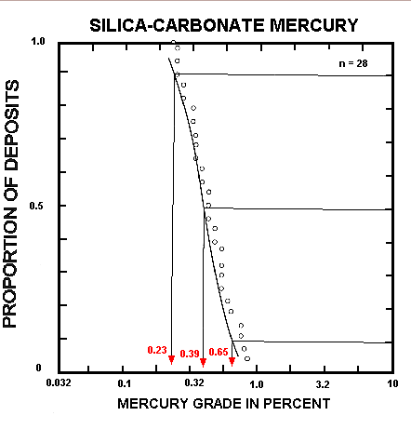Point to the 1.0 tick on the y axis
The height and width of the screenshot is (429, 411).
pos(38,42)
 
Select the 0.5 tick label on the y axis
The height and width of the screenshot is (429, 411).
pos(38,206)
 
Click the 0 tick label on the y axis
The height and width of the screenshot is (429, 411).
pos(40,369)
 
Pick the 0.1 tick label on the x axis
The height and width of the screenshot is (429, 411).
pos(125,382)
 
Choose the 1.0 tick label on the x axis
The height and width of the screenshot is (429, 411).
pos(258,382)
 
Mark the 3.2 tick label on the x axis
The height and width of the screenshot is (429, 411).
pos(325,382)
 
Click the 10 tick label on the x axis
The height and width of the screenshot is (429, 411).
pos(391,382)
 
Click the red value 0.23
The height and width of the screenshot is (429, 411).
pos(156,350)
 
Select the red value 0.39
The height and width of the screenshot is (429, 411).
pos(189,354)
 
